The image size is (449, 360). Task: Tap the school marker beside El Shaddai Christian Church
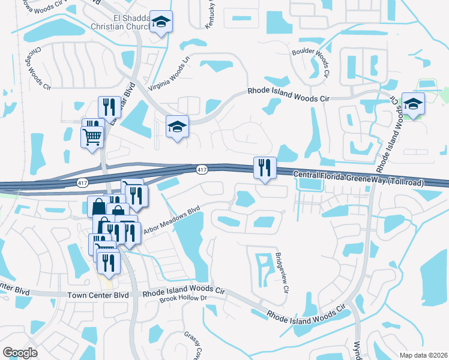160,22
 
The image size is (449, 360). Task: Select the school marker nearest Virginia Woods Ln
177,127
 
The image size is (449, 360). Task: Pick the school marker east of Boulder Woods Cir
413,104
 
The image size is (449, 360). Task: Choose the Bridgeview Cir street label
281,271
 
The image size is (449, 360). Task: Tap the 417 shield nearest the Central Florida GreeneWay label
202,171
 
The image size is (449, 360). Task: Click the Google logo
20,352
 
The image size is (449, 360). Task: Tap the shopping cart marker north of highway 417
92,137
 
